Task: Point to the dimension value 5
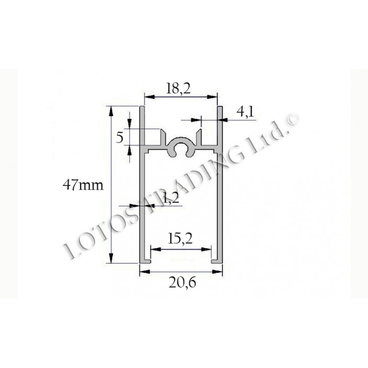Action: (119, 138)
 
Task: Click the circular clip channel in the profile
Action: (182, 149)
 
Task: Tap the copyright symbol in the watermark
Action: (292, 120)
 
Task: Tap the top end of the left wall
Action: (142, 108)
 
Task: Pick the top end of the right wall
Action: (220, 108)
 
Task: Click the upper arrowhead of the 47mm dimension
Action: (111, 109)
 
